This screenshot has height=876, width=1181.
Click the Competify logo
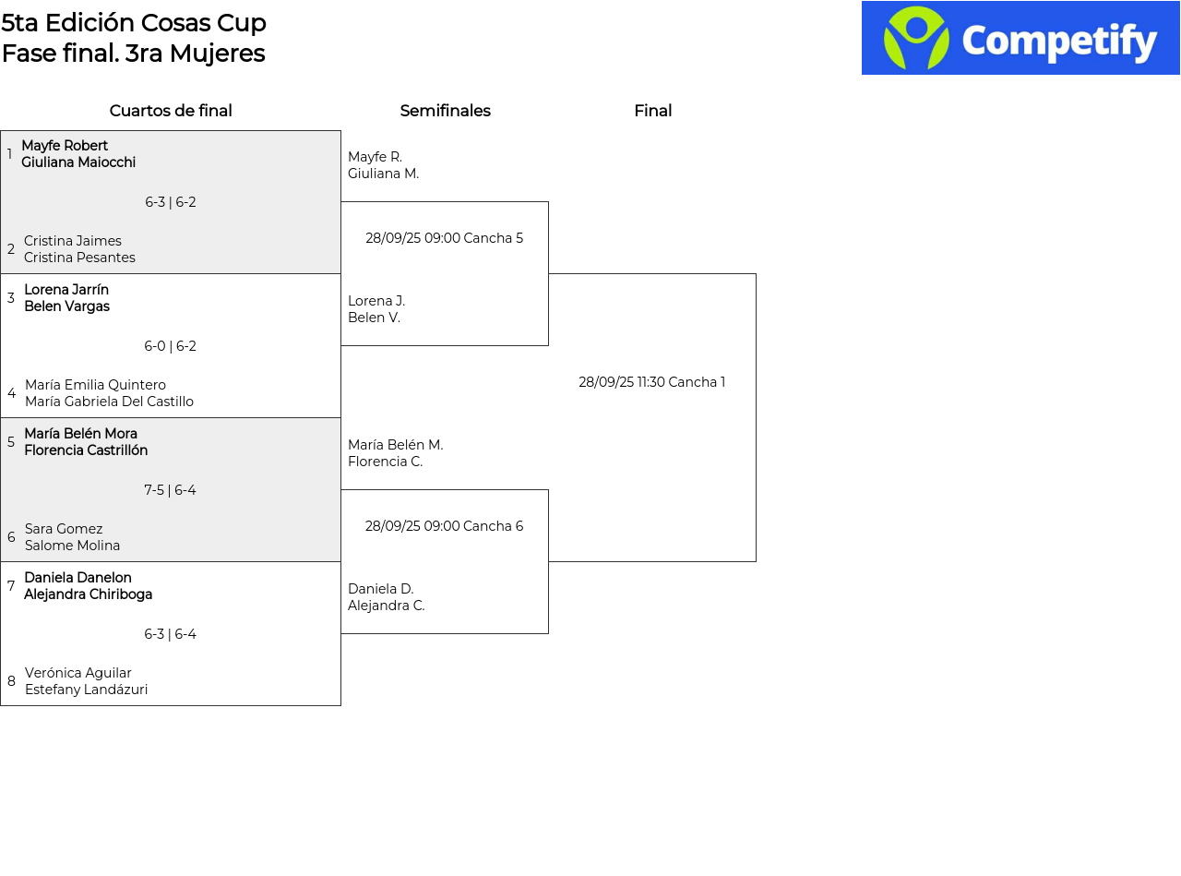1020,38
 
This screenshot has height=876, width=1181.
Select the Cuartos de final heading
171,110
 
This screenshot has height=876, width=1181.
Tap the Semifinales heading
445,110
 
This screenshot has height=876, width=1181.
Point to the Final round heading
653,110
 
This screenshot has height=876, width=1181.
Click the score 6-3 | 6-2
171,202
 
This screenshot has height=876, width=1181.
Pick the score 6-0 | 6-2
171,346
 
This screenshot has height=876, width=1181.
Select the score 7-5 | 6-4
171,489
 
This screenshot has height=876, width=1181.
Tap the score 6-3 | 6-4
171,633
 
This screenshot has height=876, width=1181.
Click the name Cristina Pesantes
80,258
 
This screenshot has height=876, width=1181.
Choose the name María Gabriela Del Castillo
109,402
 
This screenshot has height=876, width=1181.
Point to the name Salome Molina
72,546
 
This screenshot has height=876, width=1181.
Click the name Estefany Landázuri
86,689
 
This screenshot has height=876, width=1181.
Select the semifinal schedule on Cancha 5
444,237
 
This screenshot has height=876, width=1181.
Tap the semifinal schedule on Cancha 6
444,526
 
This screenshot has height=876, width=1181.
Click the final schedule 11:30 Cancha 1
651,382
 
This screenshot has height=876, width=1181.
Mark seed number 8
11,681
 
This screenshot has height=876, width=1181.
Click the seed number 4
11,393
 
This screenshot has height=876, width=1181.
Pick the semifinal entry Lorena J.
376,301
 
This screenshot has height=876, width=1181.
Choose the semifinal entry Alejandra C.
386,606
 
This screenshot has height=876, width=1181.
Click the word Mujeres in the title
217,54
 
